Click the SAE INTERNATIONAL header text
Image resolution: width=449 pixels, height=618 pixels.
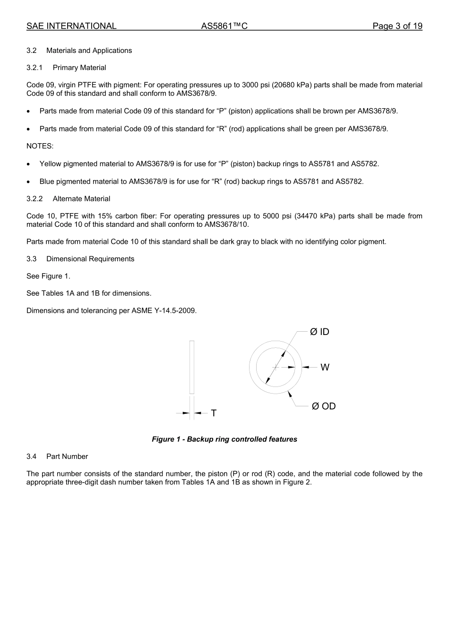(71, 26)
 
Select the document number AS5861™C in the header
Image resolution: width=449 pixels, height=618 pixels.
(224, 26)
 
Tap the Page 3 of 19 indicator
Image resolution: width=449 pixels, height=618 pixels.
(397, 26)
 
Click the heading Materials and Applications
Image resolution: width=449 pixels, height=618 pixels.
(89, 51)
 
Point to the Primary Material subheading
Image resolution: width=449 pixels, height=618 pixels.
(79, 68)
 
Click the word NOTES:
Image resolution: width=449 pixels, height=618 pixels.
(40, 146)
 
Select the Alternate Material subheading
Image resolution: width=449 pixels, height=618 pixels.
(81, 199)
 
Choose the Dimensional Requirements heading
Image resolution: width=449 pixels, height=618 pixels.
(90, 259)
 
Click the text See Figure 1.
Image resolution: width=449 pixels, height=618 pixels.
(48, 276)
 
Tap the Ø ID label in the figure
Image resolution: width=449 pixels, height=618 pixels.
(319, 332)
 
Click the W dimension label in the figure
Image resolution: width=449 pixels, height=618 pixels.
(325, 367)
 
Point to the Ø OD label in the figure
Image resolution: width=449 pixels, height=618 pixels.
(323, 406)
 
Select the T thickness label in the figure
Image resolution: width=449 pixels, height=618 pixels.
(214, 413)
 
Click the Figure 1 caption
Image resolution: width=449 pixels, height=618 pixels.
(224, 439)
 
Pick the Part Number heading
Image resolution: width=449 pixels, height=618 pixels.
(67, 456)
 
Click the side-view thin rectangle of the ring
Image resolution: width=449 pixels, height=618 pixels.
(192, 367)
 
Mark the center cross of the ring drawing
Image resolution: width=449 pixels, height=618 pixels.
(276, 367)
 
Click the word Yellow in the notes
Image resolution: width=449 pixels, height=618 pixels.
(50, 164)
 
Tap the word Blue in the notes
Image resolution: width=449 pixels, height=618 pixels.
(47, 181)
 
